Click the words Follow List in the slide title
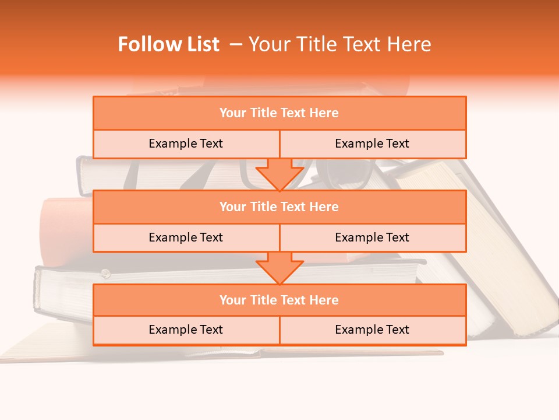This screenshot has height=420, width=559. [168, 44]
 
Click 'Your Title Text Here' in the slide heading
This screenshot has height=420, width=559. [339, 44]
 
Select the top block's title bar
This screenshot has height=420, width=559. [279, 113]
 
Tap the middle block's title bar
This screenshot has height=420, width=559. [279, 206]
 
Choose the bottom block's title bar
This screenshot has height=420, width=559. [279, 300]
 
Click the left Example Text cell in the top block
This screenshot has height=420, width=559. [186, 143]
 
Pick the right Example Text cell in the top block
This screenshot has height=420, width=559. [372, 143]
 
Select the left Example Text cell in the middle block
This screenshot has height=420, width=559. [186, 237]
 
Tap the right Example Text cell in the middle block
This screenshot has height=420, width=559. [372, 237]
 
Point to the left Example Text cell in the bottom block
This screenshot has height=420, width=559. [186, 330]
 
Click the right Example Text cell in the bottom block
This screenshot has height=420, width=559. [372, 330]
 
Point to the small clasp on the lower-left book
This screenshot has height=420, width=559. [105, 272]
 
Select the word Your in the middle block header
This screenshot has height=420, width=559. [233, 206]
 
